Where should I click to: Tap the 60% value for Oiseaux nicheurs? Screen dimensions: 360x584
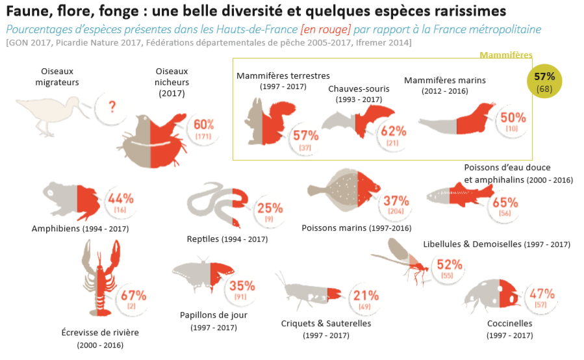point(203,125)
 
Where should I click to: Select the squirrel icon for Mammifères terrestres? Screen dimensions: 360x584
point(262,120)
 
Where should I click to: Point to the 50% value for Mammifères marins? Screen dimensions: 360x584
point(513,118)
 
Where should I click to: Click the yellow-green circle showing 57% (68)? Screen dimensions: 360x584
point(544,81)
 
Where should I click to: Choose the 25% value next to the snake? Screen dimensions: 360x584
point(270,209)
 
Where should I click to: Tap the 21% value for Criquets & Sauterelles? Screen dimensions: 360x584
point(366,296)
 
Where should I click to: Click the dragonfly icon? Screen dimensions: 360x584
point(402,261)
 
